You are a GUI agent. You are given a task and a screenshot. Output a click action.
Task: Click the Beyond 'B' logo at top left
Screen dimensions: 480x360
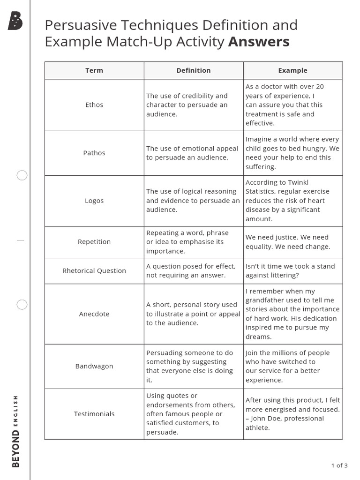[15, 22]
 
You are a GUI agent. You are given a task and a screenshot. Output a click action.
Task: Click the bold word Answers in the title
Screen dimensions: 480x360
[259, 42]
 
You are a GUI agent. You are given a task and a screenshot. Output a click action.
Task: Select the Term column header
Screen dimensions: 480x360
[94, 70]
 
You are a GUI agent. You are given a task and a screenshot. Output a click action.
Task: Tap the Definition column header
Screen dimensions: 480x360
[193, 70]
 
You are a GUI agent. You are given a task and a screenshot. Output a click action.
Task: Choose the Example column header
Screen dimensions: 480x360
[292, 70]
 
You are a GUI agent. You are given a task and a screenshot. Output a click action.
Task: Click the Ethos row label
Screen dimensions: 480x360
[94, 105]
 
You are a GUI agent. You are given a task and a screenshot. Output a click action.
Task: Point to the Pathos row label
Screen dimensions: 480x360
[94, 153]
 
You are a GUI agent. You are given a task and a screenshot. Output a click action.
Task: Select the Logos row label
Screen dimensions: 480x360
[94, 201]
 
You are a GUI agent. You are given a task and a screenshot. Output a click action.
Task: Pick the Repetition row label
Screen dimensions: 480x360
[94, 242]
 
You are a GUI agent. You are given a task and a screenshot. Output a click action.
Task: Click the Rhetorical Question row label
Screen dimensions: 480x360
[94, 270]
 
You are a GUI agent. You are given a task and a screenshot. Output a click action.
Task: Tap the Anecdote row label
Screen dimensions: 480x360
[94, 314]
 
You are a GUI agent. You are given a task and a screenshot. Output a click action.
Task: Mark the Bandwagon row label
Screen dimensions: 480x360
[94, 366]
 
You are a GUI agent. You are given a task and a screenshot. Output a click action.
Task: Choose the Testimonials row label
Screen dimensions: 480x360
[94, 414]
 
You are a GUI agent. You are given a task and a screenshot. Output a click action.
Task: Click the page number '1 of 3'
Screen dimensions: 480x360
[339, 465]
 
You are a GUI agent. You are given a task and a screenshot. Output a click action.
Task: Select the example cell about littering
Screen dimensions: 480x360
[292, 270]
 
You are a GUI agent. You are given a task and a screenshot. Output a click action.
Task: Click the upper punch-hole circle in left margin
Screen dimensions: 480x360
[22, 176]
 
